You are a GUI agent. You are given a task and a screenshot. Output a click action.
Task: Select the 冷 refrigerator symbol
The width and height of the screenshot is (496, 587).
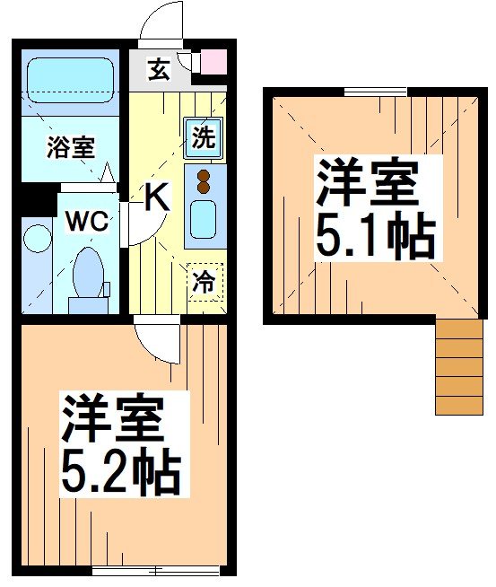(x=204, y=282)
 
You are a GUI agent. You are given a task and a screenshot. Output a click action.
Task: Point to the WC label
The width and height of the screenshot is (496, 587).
(x=87, y=222)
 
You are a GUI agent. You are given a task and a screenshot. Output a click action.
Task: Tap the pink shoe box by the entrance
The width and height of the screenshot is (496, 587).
(x=213, y=63)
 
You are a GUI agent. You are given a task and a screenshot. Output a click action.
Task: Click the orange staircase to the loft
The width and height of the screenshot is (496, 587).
(x=458, y=367)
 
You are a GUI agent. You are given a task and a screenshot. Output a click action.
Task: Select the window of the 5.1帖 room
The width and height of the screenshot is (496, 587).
(x=375, y=91)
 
